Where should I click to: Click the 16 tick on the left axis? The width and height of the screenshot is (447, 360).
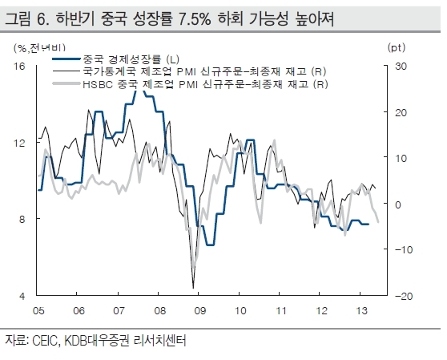(x=20, y=67)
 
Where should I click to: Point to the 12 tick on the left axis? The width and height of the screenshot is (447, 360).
(x=20, y=143)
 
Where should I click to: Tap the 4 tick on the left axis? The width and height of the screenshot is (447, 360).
(x=22, y=296)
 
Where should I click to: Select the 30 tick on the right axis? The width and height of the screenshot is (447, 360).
(x=401, y=67)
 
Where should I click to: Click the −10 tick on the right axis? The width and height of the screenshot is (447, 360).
(x=404, y=250)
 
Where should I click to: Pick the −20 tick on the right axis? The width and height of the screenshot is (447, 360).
(x=404, y=296)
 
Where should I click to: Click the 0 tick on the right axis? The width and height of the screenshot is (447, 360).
(x=398, y=204)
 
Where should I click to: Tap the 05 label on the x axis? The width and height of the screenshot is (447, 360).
(x=38, y=310)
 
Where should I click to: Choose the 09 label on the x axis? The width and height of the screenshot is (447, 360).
(x=199, y=310)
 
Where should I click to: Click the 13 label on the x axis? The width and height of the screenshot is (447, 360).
(x=362, y=310)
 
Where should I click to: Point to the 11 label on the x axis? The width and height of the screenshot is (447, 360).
(x=281, y=310)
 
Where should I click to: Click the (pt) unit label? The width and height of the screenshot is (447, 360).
(x=397, y=47)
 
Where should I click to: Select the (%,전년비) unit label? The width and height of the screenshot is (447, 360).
(x=39, y=47)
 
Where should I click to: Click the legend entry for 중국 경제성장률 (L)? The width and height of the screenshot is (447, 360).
(x=131, y=59)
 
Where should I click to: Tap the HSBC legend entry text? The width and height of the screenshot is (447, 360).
(x=205, y=84)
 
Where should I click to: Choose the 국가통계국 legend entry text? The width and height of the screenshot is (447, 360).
(x=204, y=71)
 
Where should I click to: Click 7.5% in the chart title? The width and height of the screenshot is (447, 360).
(x=195, y=19)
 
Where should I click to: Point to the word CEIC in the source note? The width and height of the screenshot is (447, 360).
(x=46, y=341)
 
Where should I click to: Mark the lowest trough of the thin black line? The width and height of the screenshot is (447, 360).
(x=194, y=288)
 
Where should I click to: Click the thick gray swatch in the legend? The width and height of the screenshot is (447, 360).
(x=66, y=83)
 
